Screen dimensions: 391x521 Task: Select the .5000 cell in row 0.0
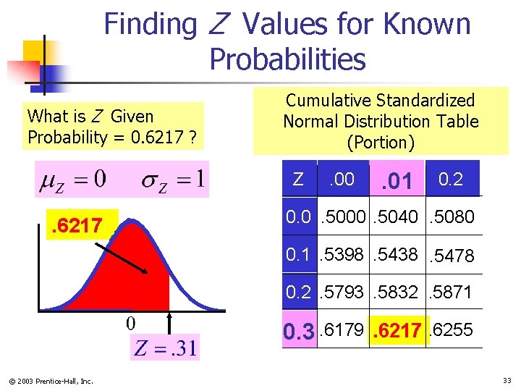coord(346,217)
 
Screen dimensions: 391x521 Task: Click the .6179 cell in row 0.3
coord(343,330)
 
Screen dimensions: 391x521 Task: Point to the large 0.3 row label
coord(299,332)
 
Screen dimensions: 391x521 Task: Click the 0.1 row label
coord(300,254)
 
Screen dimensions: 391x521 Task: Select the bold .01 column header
coord(397,180)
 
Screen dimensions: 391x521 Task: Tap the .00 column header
coord(342,179)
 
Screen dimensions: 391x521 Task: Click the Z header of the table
coord(297,179)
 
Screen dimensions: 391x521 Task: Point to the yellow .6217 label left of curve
coord(75,227)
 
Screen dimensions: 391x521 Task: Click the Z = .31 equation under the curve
coord(164,349)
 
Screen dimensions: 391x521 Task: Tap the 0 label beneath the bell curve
coord(131,322)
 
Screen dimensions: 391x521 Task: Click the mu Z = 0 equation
coord(73,179)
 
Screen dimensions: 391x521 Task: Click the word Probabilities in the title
coord(287,59)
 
